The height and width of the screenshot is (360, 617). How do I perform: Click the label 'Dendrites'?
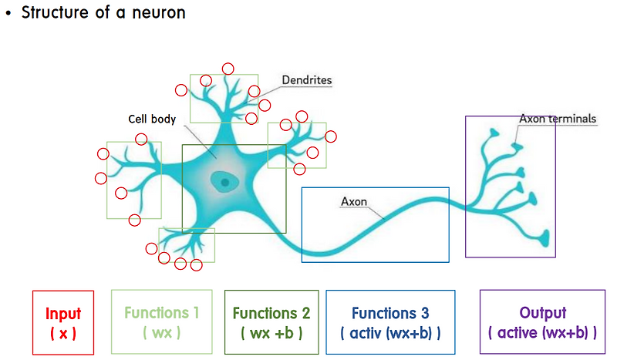pos(307,79)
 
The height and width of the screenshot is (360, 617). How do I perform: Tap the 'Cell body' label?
pos(152,119)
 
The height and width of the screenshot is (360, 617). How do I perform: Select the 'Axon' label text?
pos(353,202)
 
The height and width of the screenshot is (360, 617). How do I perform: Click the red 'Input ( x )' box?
pos(63,322)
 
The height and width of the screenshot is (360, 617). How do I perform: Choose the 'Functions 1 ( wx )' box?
pos(162,321)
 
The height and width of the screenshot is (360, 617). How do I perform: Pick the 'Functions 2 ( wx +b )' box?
pos(271,321)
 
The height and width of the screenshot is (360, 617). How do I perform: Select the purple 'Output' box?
pos(543,321)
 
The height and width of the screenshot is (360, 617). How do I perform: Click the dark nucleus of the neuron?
pos(224,183)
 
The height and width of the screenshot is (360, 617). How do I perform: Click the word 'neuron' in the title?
pos(160,13)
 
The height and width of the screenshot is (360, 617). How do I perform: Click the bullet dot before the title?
pos(8,14)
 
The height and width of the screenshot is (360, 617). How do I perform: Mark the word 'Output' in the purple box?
pos(543,313)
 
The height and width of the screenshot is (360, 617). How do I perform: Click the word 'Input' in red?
pos(63,314)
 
